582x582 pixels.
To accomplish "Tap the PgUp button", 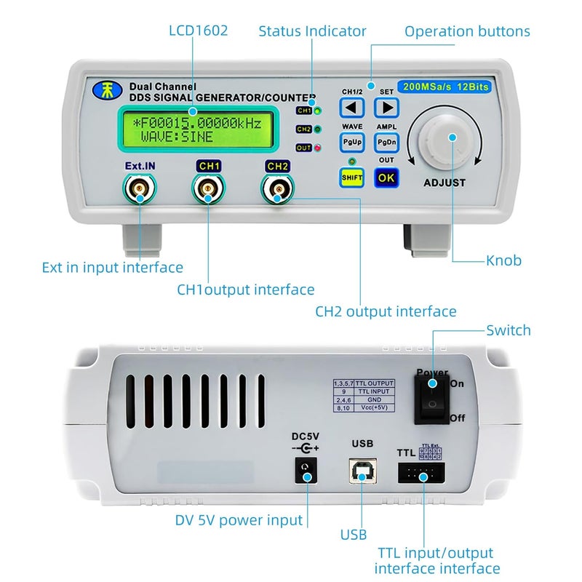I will point(353,142).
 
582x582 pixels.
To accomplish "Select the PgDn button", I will point(386,142).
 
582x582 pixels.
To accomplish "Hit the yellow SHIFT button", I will point(353,178).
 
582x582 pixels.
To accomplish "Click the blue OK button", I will point(386,178).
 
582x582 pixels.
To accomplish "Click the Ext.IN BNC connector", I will point(138,192).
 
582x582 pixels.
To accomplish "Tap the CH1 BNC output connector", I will point(208,192).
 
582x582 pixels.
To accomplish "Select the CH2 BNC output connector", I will point(278,192).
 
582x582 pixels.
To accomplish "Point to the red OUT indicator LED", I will point(318,148).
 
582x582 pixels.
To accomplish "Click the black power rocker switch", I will point(433,398).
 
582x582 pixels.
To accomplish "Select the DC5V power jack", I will point(308,474).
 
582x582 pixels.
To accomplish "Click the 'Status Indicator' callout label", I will point(312,31).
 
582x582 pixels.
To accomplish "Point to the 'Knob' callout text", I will point(503,260).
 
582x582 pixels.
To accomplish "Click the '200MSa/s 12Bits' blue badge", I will point(447,87).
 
